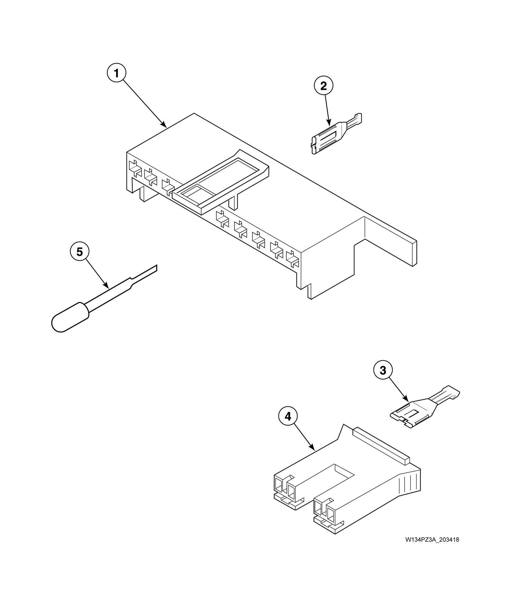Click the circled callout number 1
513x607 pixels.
pos(116,73)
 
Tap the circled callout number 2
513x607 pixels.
pos(323,86)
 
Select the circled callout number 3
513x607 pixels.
pos(383,371)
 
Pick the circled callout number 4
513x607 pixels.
pos(288,417)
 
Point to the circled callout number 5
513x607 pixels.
pos(79,252)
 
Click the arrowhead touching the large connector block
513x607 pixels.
pos(164,125)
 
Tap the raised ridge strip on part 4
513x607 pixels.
pos(381,446)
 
